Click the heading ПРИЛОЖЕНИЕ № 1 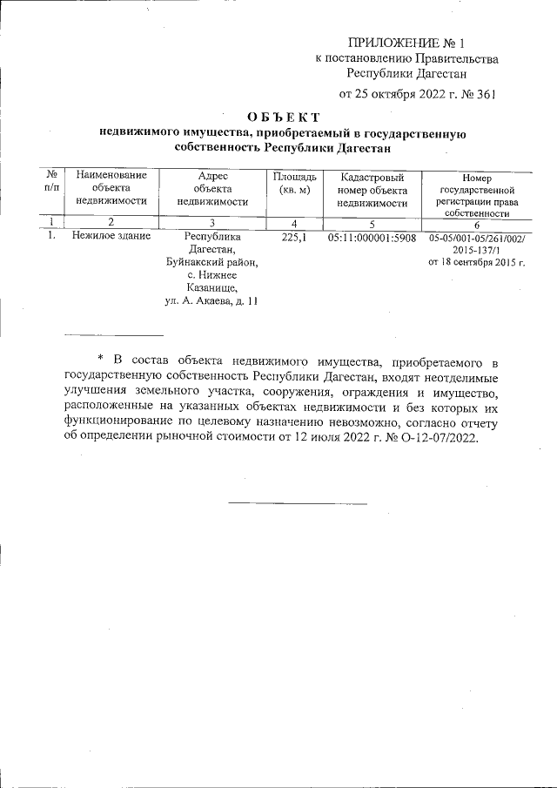point(407,42)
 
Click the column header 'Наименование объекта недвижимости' point(111,187)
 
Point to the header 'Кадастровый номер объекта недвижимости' point(372,189)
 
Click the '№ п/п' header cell point(52,182)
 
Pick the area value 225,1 point(294,236)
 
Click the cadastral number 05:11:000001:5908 point(372,236)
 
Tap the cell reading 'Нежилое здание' point(111,236)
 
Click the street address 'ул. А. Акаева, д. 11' point(211,301)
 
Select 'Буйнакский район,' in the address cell point(212,262)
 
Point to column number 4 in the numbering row point(294,222)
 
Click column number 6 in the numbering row point(477,223)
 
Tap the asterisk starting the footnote point(100,360)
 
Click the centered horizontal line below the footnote point(298,503)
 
